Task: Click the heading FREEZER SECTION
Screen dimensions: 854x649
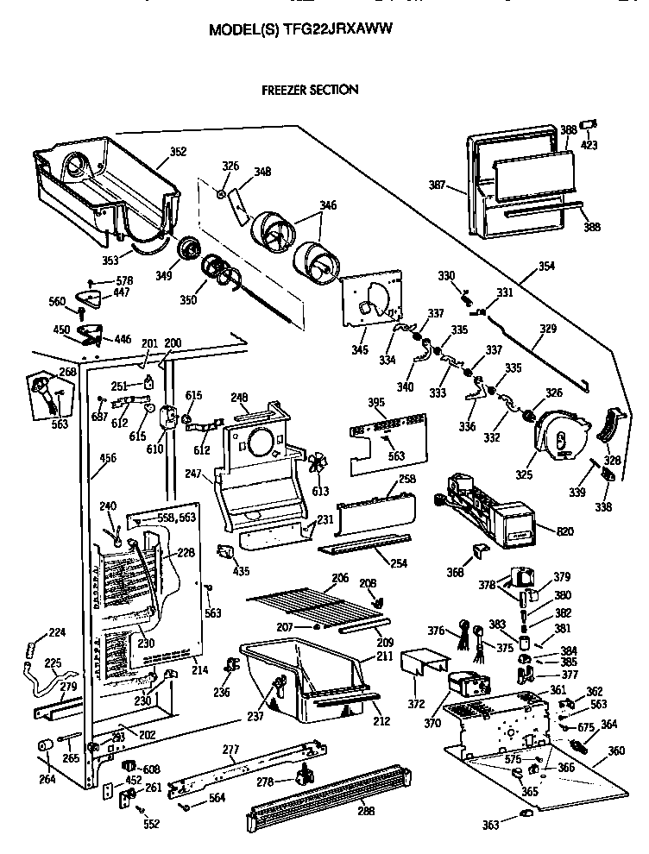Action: (x=310, y=90)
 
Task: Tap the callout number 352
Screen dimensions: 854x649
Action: (x=178, y=152)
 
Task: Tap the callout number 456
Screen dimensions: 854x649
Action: (x=108, y=458)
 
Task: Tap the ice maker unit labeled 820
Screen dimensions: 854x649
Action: (x=483, y=513)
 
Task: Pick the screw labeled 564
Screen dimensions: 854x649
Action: (x=186, y=807)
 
